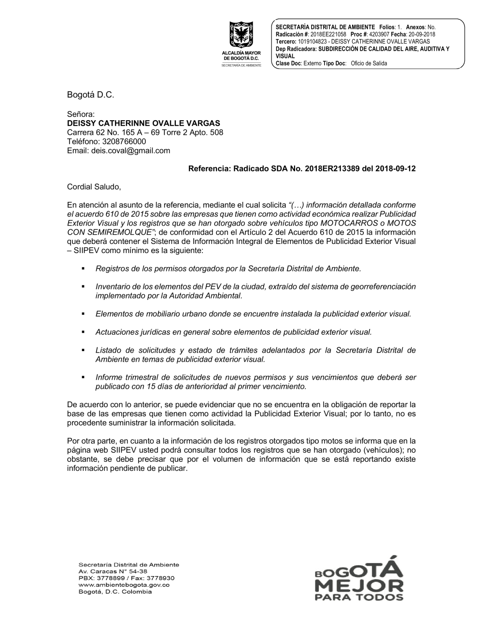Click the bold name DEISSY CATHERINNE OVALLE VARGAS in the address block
(143, 123)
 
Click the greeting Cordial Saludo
(94, 186)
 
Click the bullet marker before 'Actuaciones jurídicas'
(83, 332)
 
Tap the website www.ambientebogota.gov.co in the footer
(124, 585)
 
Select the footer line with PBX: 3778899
(126, 578)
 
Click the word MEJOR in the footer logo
(359, 586)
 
